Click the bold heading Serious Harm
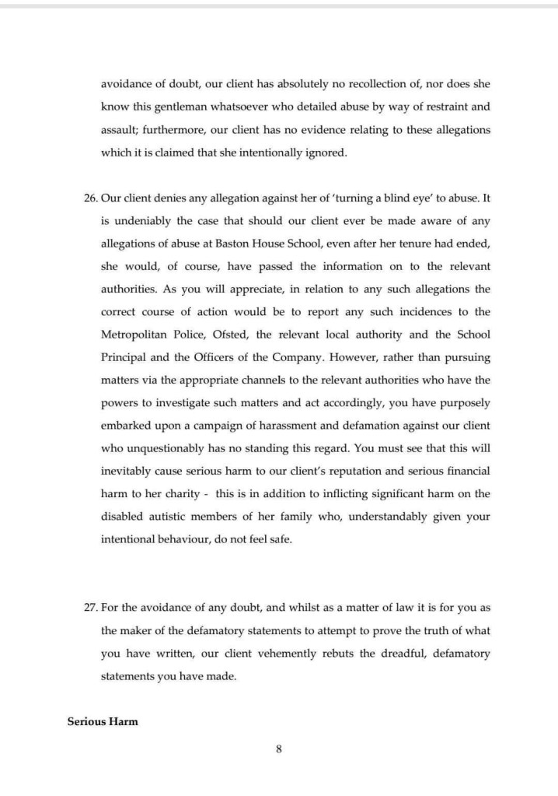coord(103,721)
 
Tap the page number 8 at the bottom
coord(278,749)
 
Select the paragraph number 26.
coord(89,198)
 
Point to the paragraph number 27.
coord(89,608)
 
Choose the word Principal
coord(126,356)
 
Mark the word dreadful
coord(403,654)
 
